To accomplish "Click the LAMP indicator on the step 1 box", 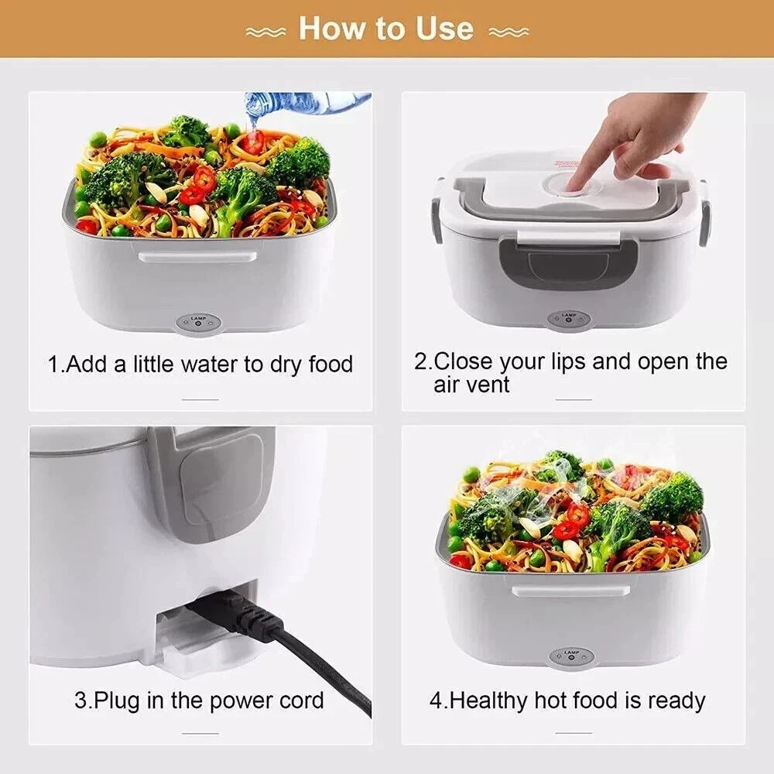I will [197, 323].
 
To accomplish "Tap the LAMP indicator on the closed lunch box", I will [569, 318].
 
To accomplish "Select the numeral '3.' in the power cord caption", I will [82, 701].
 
